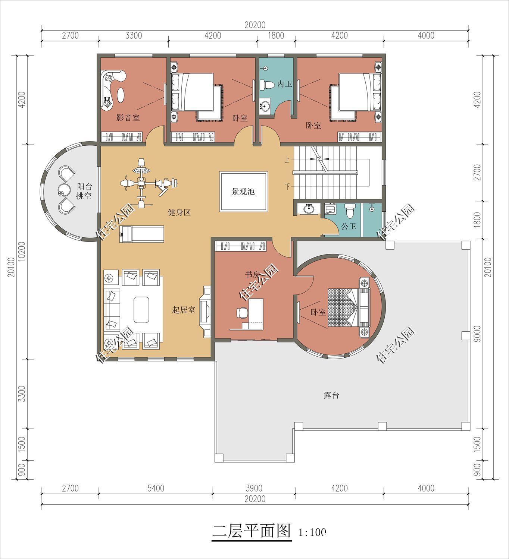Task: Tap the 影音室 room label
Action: click(128, 118)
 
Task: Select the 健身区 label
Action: click(179, 213)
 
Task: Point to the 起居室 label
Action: click(183, 310)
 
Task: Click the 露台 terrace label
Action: click(331, 395)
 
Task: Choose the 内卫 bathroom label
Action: click(284, 84)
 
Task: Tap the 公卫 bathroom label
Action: click(349, 226)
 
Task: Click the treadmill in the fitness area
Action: click(141, 234)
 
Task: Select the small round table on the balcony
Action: click(63, 190)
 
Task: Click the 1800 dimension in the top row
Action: click(276, 36)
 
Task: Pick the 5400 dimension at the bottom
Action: click(156, 488)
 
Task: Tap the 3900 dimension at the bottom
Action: click(254, 488)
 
